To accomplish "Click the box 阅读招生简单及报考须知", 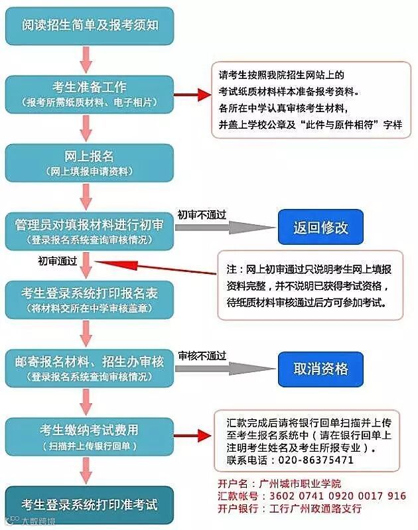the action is [90, 26].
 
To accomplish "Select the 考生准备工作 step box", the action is [90, 94].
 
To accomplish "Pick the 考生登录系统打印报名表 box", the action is [90, 298].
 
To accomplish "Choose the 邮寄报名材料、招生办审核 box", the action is [90, 367].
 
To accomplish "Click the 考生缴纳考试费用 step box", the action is [90, 436].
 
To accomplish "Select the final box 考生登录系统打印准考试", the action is [90, 505].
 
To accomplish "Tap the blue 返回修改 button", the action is [320, 228].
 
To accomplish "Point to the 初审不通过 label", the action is [202, 215].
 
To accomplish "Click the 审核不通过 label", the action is [202, 356].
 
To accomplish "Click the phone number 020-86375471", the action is [318, 460].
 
